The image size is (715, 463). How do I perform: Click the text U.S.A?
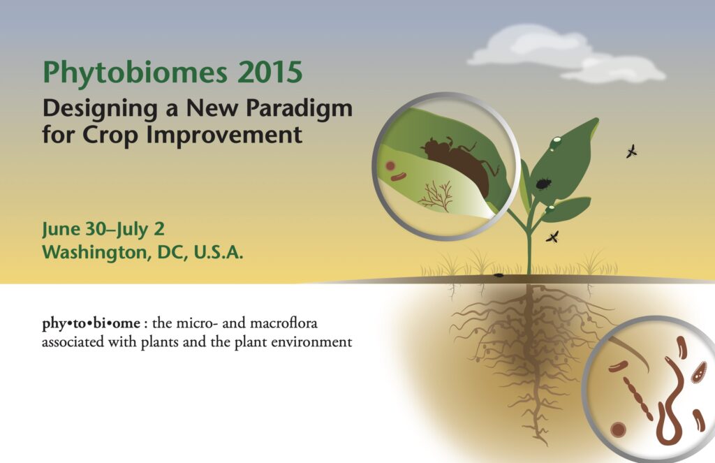click(x=219, y=252)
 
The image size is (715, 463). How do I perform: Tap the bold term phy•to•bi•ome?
click(x=91, y=323)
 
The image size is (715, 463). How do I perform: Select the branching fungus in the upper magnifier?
click(x=436, y=196)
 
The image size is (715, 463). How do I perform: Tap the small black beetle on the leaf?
click(x=543, y=184)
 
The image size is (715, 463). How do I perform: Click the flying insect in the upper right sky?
click(x=631, y=152)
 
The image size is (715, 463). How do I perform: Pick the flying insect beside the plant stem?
click(x=552, y=237)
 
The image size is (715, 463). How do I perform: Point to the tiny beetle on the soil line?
click(x=499, y=276)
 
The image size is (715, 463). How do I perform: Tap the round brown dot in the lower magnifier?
click(x=617, y=429)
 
